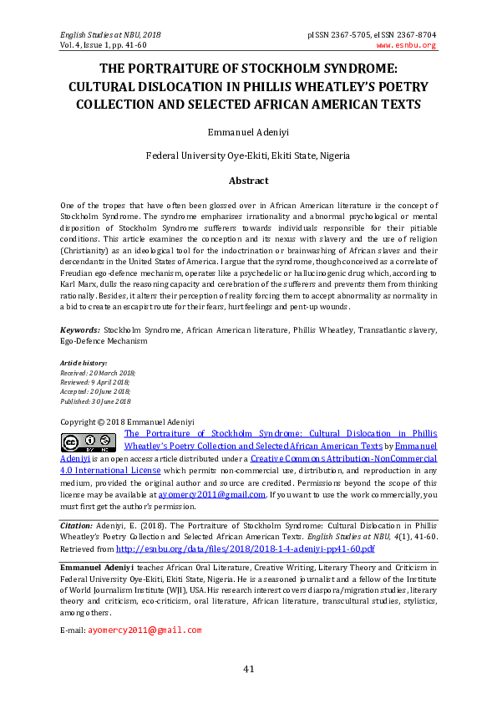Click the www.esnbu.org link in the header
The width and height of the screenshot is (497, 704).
pos(406,45)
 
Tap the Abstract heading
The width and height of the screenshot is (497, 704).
pos(248,181)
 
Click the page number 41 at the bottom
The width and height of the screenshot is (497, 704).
pos(248,668)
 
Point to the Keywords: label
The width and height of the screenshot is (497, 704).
pos(80,332)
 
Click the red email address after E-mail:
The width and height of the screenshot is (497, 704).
pos(145,630)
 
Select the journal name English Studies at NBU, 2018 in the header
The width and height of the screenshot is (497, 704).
pos(110,34)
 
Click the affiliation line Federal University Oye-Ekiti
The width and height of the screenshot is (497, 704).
pos(248,156)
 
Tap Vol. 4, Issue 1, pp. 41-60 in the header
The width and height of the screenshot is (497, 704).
pos(104,45)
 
